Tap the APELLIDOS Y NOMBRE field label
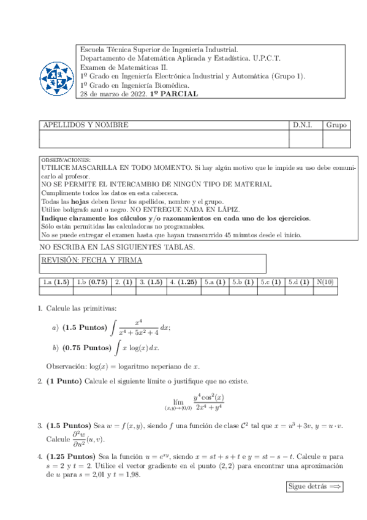point(85,125)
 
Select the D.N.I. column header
point(302,125)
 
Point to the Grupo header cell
point(336,125)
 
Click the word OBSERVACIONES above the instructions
point(66,159)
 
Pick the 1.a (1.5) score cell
point(55,282)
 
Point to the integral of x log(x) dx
point(137,348)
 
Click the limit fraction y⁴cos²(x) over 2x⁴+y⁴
point(208,402)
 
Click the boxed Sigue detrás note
point(314,487)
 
